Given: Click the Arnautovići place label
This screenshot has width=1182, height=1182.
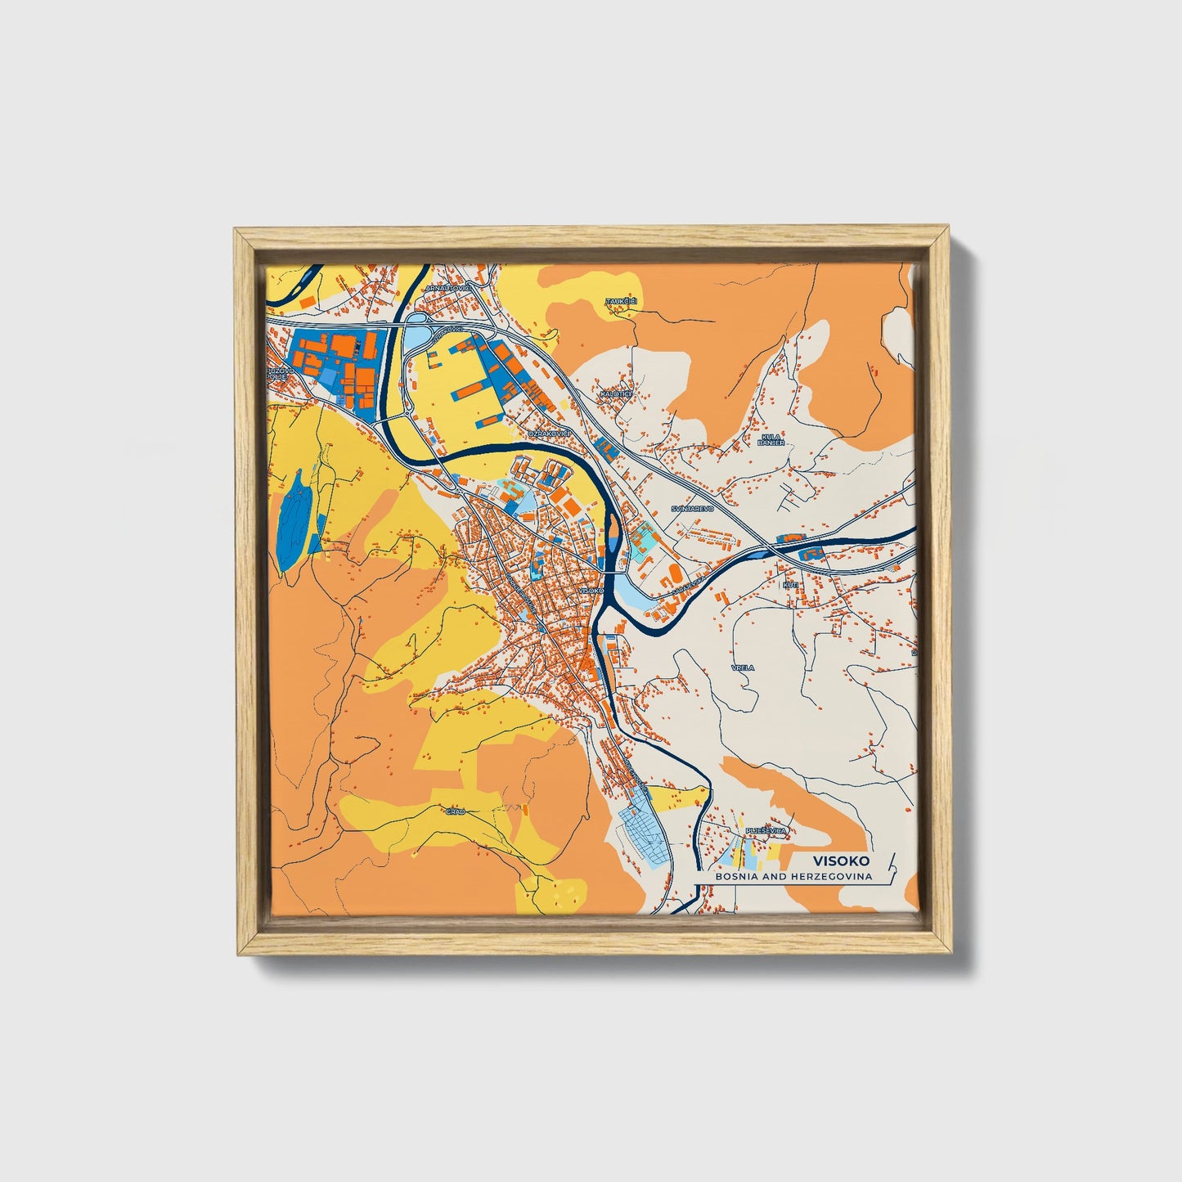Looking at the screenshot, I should pyautogui.click(x=448, y=289).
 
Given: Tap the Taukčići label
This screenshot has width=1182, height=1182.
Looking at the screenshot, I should pyautogui.click(x=621, y=301).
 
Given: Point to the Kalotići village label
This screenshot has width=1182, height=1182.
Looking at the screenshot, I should pyautogui.click(x=616, y=393).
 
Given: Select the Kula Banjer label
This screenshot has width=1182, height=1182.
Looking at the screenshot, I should pyautogui.click(x=772, y=439).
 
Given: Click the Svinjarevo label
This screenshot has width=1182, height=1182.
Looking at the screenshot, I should pyautogui.click(x=693, y=508).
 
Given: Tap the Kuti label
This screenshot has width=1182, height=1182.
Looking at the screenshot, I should pyautogui.click(x=790, y=585).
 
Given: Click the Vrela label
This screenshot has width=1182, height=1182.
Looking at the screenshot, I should pyautogui.click(x=743, y=667).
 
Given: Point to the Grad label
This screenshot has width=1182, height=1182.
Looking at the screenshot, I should pyautogui.click(x=456, y=811).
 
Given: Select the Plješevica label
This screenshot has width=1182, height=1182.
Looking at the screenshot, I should pyautogui.click(x=766, y=831).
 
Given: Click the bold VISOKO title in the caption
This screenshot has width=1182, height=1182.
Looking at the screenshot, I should pyautogui.click(x=842, y=861).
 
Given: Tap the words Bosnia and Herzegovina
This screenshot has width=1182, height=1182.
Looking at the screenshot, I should pyautogui.click(x=793, y=876).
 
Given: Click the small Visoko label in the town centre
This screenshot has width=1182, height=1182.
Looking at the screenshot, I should pyautogui.click(x=590, y=590).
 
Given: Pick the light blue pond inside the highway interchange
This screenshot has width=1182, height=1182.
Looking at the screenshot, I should pyautogui.click(x=416, y=335).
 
